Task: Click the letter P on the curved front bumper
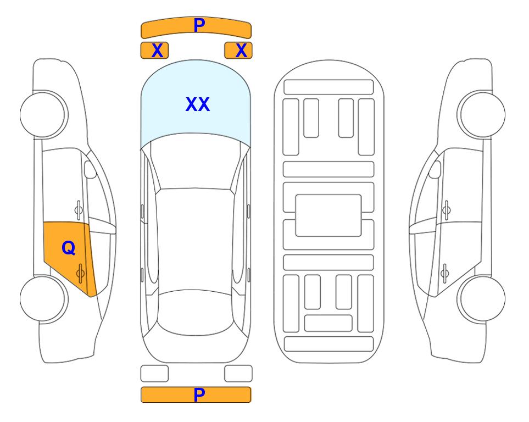(x=199, y=25)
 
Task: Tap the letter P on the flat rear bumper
(x=199, y=395)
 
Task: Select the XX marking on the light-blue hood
(x=198, y=104)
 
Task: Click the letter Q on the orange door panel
(x=69, y=248)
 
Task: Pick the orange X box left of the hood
(x=154, y=51)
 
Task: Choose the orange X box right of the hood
(x=238, y=51)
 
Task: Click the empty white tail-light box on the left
(x=154, y=374)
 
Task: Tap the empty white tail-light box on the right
(x=238, y=374)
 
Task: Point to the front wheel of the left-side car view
(x=43, y=114)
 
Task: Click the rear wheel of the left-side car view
(x=43, y=298)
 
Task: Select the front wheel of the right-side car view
(x=482, y=114)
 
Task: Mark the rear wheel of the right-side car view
(x=482, y=298)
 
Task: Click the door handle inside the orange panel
(x=80, y=273)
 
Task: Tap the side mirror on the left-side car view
(x=90, y=169)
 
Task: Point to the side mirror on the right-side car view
(x=435, y=169)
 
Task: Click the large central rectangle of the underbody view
(x=328, y=215)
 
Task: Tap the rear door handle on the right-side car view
(x=445, y=273)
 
